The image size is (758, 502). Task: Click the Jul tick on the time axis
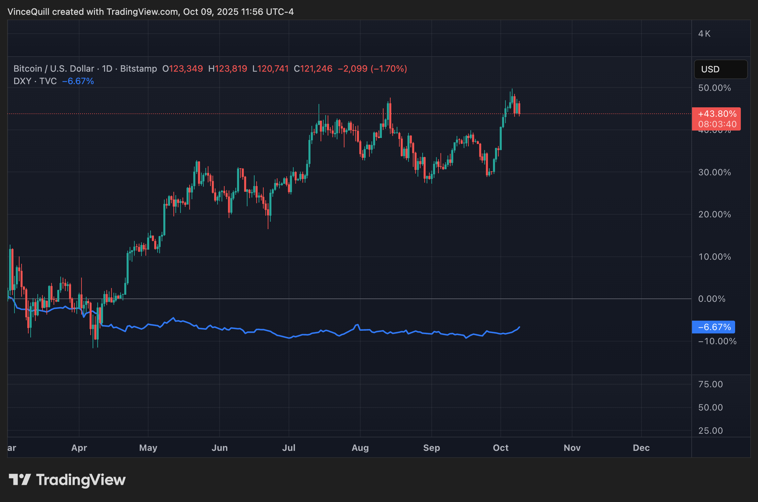(289, 448)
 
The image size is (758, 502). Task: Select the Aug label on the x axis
(360, 448)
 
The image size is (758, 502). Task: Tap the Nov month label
(572, 448)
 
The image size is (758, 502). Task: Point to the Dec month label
(641, 448)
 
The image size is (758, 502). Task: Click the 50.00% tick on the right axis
(714, 88)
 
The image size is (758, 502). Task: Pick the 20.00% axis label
(714, 215)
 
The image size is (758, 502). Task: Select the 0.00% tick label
(712, 299)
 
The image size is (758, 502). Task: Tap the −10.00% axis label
(717, 342)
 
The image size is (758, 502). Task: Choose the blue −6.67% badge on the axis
(714, 327)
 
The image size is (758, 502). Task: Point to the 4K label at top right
(704, 34)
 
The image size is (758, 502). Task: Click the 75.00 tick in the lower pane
(710, 384)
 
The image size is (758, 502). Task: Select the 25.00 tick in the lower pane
(710, 431)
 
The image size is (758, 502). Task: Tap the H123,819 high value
(228, 69)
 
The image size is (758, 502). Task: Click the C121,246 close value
(313, 69)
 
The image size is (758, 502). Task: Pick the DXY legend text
(22, 81)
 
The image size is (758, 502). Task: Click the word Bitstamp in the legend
(138, 69)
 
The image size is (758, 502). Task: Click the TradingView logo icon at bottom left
(20, 479)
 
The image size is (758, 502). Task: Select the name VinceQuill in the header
(28, 12)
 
